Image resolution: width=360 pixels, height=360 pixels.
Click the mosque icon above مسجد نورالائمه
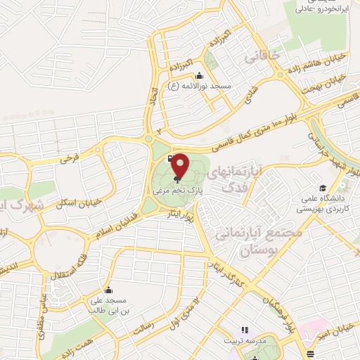coord(199,76)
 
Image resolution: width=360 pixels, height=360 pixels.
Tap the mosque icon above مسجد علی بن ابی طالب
coord(108,290)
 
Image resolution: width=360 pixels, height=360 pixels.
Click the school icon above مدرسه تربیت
coord(245,329)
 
